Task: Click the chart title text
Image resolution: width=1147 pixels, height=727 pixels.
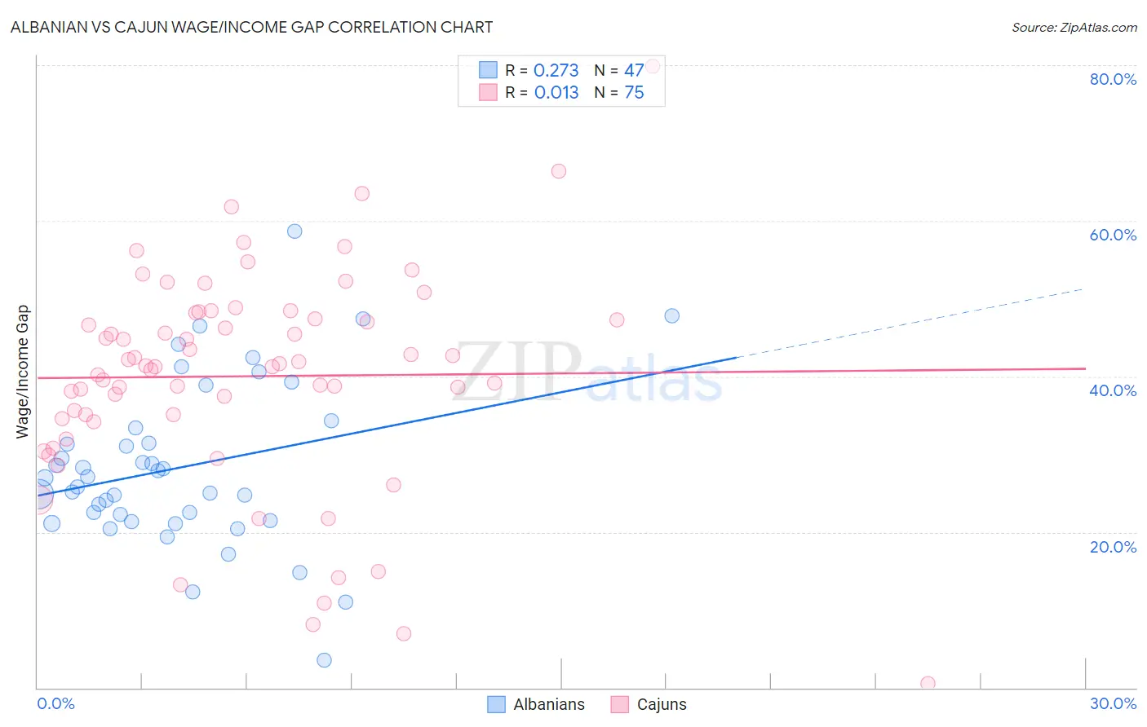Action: coord(251,27)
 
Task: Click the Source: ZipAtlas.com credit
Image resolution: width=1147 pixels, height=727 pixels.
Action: coord(1074,27)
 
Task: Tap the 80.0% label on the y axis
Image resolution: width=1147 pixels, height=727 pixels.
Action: coord(1113,79)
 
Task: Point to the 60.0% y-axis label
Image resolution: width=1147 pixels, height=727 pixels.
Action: coord(1113,235)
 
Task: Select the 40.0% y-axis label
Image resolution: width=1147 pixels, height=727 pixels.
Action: coord(1113,390)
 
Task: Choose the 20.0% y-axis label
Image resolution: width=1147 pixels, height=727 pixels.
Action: coord(1113,546)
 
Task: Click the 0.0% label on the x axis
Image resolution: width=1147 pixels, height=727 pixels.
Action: coord(55,703)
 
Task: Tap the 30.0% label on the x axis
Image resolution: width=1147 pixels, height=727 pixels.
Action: coord(1113,703)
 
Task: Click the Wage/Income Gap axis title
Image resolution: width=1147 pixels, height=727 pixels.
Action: coord(23,372)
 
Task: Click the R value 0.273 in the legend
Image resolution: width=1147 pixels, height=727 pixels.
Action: coord(556,71)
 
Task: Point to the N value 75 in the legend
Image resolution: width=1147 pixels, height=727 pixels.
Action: coord(634,93)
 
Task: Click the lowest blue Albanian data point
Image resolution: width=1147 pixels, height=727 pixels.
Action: coord(324,660)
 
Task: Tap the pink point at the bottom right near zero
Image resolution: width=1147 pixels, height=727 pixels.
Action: coord(928,683)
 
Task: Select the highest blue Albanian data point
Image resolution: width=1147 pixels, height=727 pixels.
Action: coord(294,231)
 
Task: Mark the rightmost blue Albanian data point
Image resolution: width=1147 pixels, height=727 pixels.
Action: coord(671,315)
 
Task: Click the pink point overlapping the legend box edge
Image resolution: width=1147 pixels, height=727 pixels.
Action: coord(653,67)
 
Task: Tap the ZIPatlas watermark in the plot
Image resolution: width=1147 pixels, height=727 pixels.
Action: coord(587,373)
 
